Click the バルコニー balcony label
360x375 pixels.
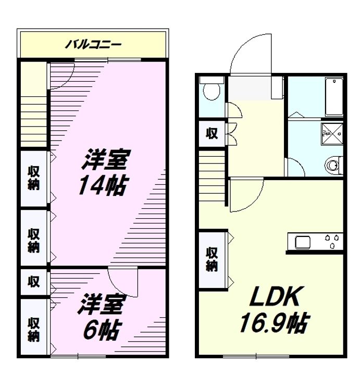94,44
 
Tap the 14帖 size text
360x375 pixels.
103,185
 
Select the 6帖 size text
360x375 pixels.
102,331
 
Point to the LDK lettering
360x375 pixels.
275,296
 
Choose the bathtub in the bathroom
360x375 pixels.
334,97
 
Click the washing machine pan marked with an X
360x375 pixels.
332,134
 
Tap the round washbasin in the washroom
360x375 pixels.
332,165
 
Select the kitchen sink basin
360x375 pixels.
303,242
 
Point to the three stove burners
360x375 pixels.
332,241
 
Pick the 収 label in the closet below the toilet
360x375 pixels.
212,133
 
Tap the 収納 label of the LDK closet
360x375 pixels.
212,259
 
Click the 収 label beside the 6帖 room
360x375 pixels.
33,281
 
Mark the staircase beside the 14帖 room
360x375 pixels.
33,121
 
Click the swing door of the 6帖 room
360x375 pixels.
123,282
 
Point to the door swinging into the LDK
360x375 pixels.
246,194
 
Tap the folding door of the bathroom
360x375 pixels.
296,115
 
